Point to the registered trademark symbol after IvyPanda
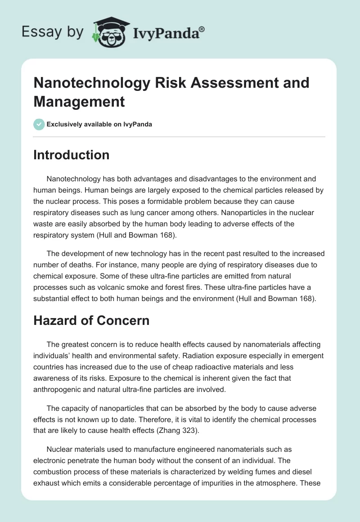point(202,28)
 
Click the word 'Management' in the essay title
point(79,102)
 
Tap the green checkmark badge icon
point(39,124)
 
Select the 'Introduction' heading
point(72,155)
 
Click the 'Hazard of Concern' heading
point(91,321)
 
